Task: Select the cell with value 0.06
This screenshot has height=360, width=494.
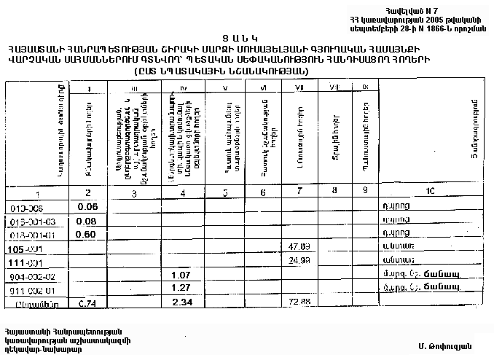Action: [87, 206]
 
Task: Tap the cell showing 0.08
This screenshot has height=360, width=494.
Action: [87, 221]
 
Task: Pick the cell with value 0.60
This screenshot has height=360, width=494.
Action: [87, 235]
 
